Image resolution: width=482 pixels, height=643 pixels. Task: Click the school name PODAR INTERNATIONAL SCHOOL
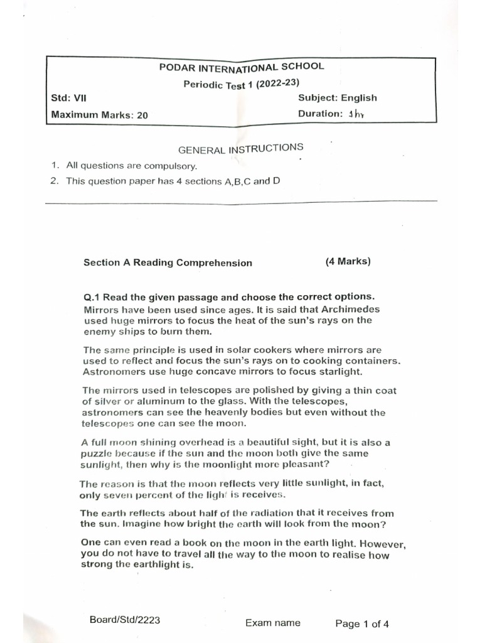[242, 67]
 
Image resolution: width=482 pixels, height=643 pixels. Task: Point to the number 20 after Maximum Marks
[142, 115]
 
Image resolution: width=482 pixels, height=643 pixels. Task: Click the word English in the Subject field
[359, 97]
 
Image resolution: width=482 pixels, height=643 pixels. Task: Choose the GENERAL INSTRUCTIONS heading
[241, 149]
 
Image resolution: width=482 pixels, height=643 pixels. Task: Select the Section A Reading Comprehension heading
[168, 263]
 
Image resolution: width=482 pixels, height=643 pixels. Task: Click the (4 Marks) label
[348, 262]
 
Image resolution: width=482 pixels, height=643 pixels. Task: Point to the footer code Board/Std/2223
[125, 620]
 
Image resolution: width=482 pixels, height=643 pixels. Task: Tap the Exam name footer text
[272, 623]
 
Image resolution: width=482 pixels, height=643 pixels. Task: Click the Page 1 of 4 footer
[362, 624]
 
